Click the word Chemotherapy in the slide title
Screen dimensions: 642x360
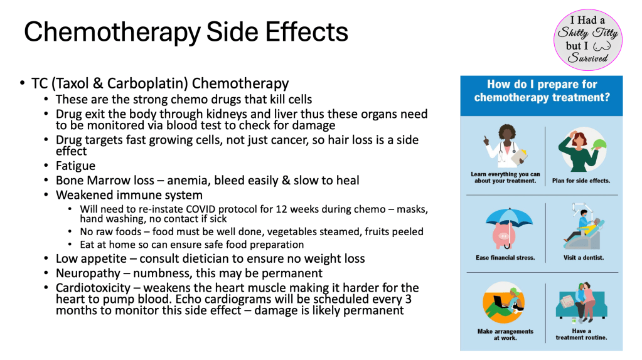(x=112, y=33)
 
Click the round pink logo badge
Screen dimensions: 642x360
(x=588, y=40)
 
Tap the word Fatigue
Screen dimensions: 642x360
(x=75, y=166)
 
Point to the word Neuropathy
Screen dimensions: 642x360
(x=88, y=273)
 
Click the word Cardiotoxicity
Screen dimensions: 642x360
(x=93, y=288)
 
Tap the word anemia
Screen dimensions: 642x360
(x=187, y=181)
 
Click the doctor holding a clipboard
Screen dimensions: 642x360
(x=506, y=146)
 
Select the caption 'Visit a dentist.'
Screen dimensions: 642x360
(x=584, y=258)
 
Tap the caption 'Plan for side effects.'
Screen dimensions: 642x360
(x=581, y=181)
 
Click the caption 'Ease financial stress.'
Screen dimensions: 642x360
(x=505, y=258)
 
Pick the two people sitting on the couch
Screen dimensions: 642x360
(x=584, y=300)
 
